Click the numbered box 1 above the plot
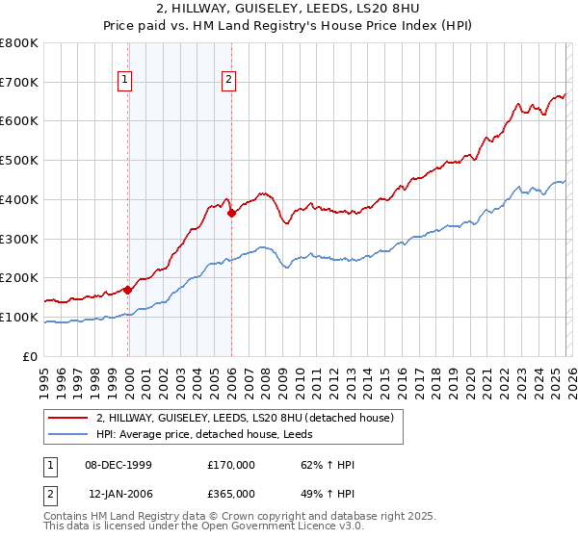click(127, 81)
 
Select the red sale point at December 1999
click(128, 289)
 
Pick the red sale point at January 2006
click(232, 213)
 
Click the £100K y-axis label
click(19, 317)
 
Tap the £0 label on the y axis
click(30, 356)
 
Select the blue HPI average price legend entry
click(217, 434)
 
